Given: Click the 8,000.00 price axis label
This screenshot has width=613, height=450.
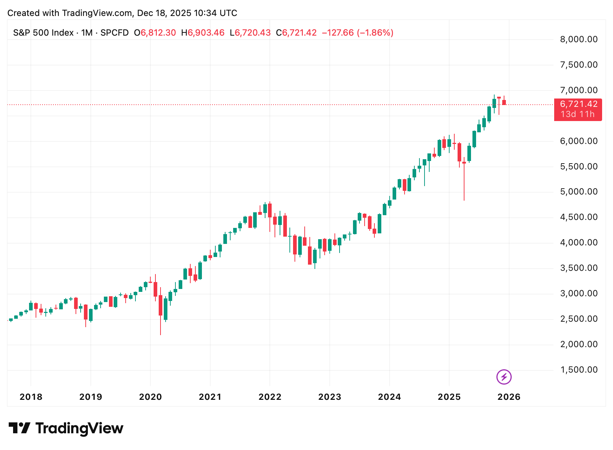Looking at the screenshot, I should [579, 39].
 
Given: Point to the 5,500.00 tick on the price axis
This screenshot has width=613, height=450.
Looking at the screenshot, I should [579, 166].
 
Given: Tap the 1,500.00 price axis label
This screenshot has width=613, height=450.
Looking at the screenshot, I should [579, 370].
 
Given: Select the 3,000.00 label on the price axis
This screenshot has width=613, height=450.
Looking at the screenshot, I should [579, 293].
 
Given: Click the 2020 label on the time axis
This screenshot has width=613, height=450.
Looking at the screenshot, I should [150, 397].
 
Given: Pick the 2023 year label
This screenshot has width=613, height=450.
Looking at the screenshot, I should [330, 397].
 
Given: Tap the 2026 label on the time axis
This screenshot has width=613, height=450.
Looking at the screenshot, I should [509, 397].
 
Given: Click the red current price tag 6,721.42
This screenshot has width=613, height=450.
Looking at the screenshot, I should [579, 104].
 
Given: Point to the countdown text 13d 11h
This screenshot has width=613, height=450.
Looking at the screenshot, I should [577, 114].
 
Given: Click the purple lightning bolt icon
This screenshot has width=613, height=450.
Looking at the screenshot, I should [504, 377].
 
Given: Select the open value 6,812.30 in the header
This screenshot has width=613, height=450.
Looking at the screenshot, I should [158, 33].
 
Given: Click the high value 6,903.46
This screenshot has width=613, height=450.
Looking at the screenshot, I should [206, 33].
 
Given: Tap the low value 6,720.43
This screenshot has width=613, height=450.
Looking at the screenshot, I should [252, 33].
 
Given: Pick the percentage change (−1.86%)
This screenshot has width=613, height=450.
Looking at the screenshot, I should [375, 33].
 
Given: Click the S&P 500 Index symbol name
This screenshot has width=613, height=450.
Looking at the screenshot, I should [43, 33].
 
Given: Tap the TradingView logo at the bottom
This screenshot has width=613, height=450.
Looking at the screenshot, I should [66, 428].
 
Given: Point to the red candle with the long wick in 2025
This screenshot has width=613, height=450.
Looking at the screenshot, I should [464, 182].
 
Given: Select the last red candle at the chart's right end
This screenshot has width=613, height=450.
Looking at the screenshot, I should [504, 102].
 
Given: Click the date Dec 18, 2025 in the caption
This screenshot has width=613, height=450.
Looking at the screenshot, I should [164, 13].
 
